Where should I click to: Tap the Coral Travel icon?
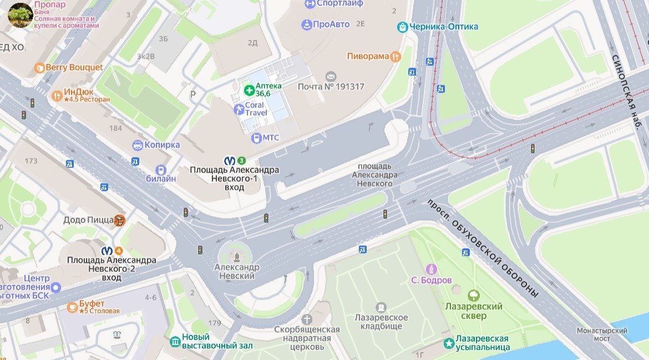click(x=239, y=109)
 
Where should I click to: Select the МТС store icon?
click(x=256, y=138)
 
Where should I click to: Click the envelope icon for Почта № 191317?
click(x=331, y=76)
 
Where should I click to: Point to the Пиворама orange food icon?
click(x=395, y=56)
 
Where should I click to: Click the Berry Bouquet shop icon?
click(x=39, y=68)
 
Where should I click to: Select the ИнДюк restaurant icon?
click(x=57, y=95)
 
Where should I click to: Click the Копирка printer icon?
click(x=138, y=145)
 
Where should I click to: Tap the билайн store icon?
click(x=161, y=170)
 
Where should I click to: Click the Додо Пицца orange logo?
click(x=119, y=220)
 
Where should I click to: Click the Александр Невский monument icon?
click(x=237, y=256)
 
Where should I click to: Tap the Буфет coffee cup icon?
click(x=72, y=307)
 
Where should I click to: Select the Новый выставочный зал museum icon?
click(x=175, y=341)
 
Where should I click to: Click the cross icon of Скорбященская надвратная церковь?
click(x=307, y=320)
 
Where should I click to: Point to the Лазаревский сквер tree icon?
click(x=474, y=295)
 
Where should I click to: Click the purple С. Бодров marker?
click(x=431, y=270)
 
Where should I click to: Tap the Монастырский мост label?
click(x=602, y=334)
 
